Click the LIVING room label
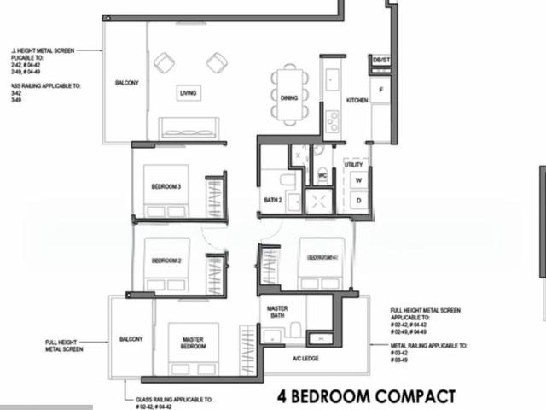(x=189, y=93)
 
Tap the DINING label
(x=289, y=98)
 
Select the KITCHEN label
(x=357, y=100)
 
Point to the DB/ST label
(x=380, y=60)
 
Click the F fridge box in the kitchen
(x=380, y=89)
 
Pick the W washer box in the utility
(x=358, y=180)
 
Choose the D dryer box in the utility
(x=358, y=201)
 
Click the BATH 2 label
(x=273, y=201)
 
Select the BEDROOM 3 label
(x=166, y=186)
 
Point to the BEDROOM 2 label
(x=166, y=261)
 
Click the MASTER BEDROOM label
(x=192, y=343)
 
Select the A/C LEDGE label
(x=305, y=359)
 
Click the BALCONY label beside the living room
(x=127, y=83)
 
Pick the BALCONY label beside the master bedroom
(x=131, y=338)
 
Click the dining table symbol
(x=289, y=95)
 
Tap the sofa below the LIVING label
(x=189, y=129)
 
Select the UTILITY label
(x=354, y=165)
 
